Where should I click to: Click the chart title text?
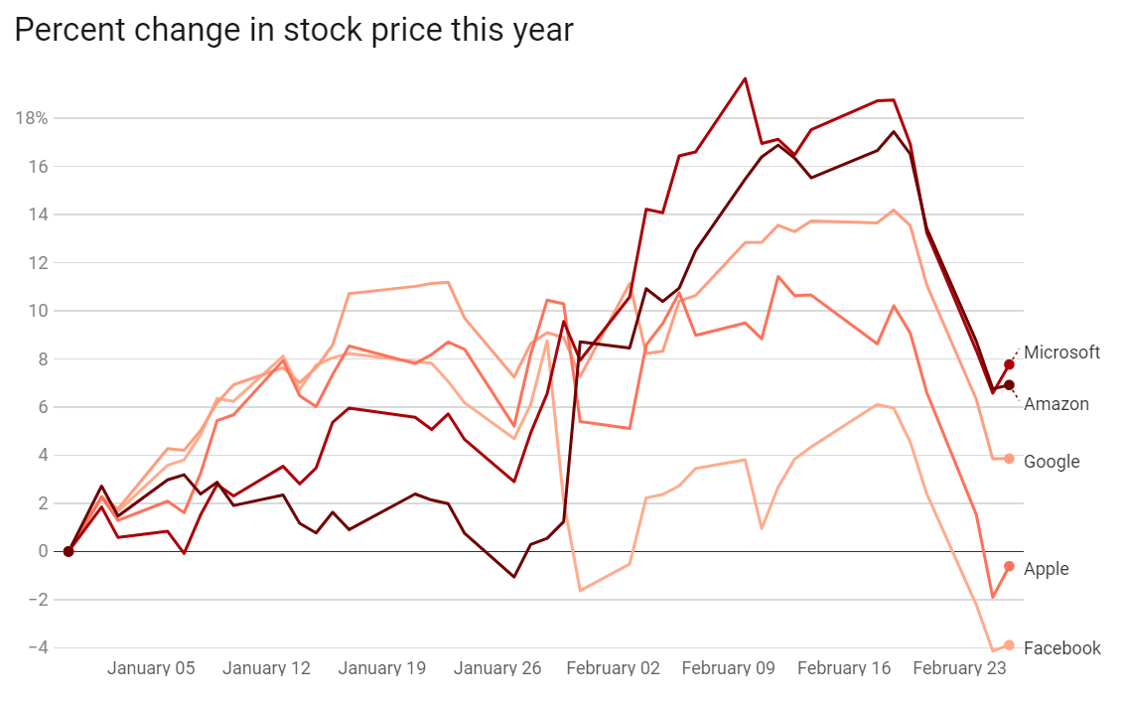[x=294, y=30]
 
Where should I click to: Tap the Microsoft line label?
[x=1061, y=352]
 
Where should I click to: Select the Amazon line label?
[x=1055, y=404]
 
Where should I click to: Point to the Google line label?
[x=1052, y=462]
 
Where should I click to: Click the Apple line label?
[x=1046, y=569]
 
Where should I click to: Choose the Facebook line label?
[x=1061, y=648]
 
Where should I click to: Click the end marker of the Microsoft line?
[x=1009, y=364]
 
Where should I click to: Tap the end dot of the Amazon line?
[x=1009, y=385]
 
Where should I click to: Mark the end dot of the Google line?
[x=1009, y=459]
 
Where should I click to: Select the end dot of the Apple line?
[x=1009, y=566]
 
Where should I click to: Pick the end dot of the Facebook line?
[x=1009, y=645]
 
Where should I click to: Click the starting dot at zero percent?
[x=69, y=551]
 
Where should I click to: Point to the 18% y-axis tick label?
[x=32, y=118]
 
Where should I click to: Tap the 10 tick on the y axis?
[x=38, y=311]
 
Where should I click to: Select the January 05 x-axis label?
[x=151, y=668]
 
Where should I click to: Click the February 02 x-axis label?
[x=613, y=668]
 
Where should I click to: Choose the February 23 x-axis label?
[x=959, y=668]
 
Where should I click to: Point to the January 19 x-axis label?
[x=382, y=668]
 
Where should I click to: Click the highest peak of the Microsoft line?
[x=745, y=78]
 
